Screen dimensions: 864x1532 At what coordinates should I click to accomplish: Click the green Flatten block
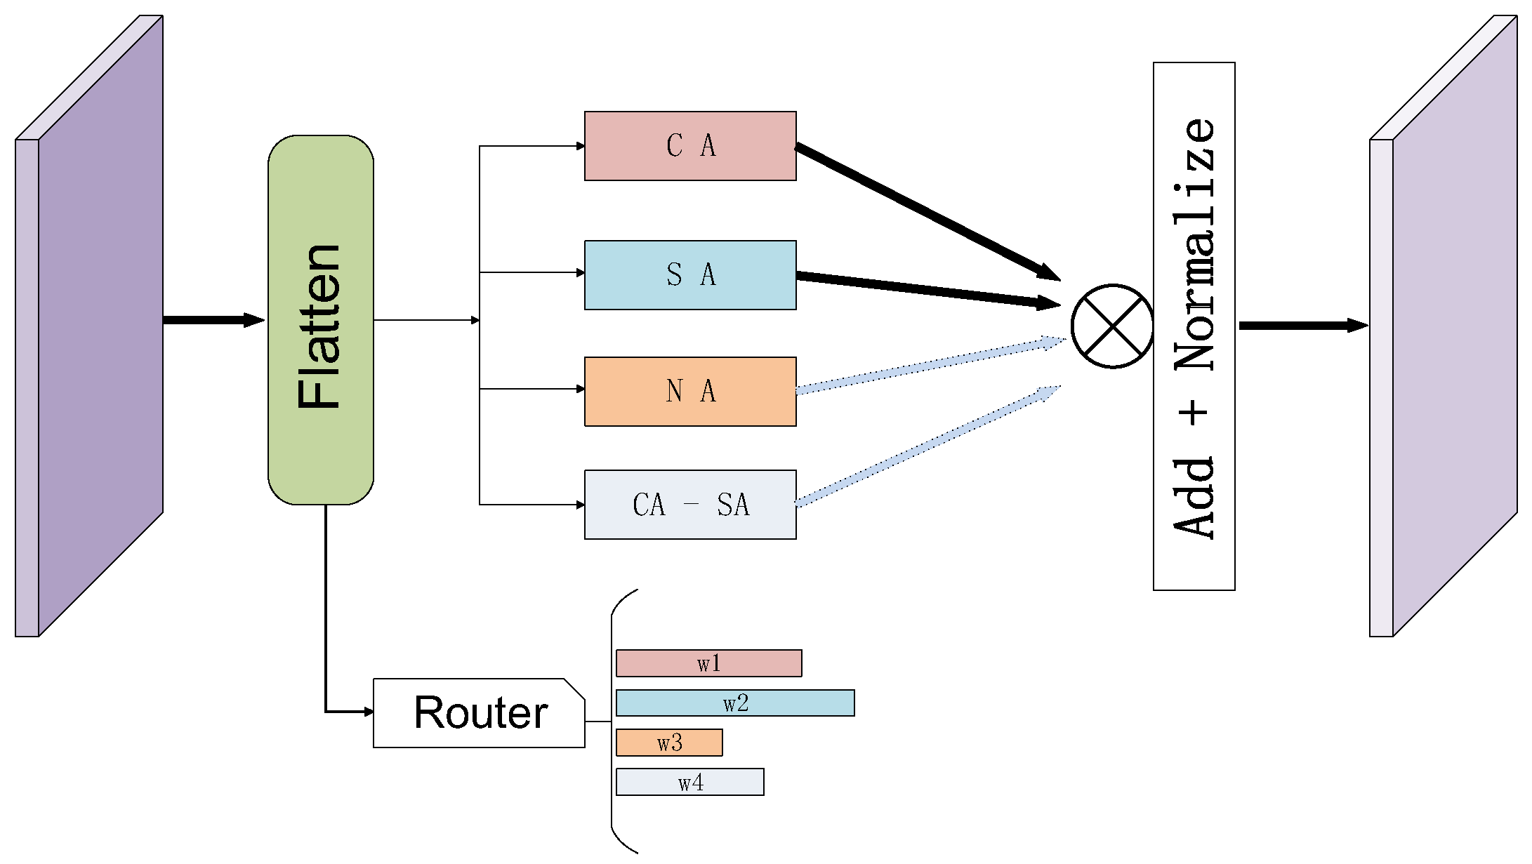tap(321, 320)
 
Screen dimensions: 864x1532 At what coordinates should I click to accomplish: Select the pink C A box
tap(690, 146)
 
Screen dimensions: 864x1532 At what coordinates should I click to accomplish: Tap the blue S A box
tap(690, 275)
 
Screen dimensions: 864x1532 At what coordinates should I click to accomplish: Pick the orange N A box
tap(690, 392)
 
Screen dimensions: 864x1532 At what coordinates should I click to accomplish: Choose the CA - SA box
tap(690, 505)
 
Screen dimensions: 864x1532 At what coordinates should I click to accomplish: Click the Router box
tap(479, 713)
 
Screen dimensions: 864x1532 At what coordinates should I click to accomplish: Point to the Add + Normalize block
tap(1194, 326)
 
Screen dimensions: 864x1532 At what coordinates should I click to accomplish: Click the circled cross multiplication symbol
tap(1112, 326)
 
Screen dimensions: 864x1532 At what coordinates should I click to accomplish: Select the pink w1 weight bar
tap(708, 663)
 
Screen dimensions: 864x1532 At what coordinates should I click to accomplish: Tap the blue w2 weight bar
tap(735, 703)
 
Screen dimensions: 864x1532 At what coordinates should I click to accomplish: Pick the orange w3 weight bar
tap(669, 743)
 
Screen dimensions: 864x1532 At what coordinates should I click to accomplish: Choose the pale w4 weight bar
tap(689, 782)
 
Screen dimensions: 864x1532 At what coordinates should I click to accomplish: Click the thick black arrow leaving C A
tap(927, 213)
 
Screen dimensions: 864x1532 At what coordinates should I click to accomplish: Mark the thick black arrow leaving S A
tap(927, 290)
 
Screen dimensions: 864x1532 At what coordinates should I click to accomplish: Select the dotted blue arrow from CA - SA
tap(927, 446)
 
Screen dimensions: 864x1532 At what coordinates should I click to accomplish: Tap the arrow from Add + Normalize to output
tap(1302, 326)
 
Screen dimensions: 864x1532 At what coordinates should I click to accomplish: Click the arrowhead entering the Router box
tap(369, 712)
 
